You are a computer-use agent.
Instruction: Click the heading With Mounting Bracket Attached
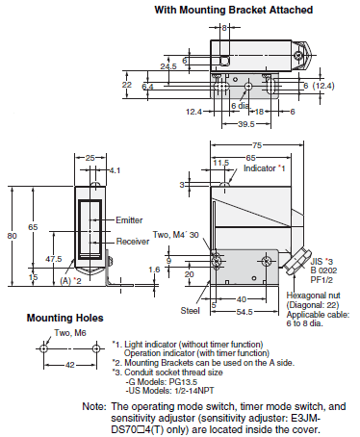(234, 10)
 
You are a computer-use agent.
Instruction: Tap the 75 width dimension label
(257, 145)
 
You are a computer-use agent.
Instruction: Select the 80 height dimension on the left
(12, 236)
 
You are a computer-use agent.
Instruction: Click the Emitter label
(129, 220)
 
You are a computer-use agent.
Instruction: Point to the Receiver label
(133, 242)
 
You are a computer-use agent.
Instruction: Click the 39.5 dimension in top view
(246, 124)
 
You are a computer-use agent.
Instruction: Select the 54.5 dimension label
(244, 312)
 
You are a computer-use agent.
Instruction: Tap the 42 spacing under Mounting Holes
(70, 365)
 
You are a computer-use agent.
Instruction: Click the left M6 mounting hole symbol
(43, 348)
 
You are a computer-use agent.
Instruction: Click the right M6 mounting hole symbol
(96, 348)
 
